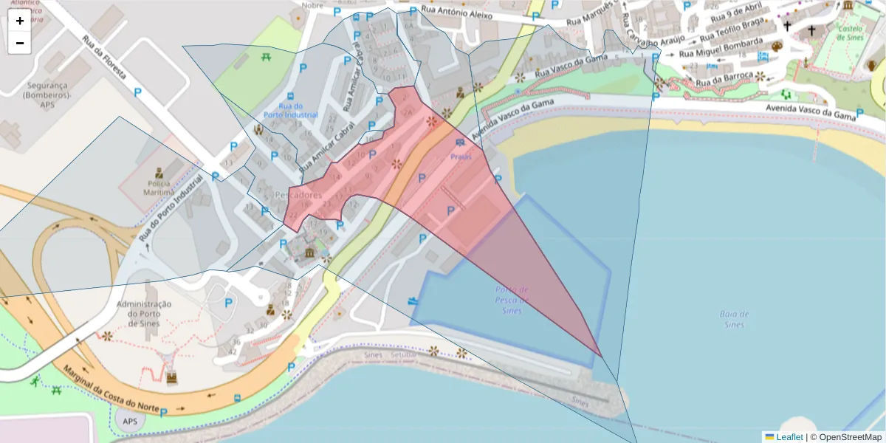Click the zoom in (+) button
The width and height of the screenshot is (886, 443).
click(x=20, y=21)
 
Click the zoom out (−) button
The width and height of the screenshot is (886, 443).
click(x=20, y=43)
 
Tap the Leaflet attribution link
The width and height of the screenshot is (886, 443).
click(x=789, y=437)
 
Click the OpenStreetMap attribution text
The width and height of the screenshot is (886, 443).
click(x=848, y=437)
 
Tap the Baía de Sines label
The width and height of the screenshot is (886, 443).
click(x=735, y=319)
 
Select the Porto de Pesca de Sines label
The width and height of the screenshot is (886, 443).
click(x=512, y=300)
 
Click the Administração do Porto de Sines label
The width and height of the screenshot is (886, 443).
click(x=144, y=314)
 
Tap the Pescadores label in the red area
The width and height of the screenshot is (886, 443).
click(x=298, y=195)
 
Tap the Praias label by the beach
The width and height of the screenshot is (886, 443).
click(x=461, y=157)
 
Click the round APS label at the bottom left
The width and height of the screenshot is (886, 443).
click(x=130, y=422)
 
